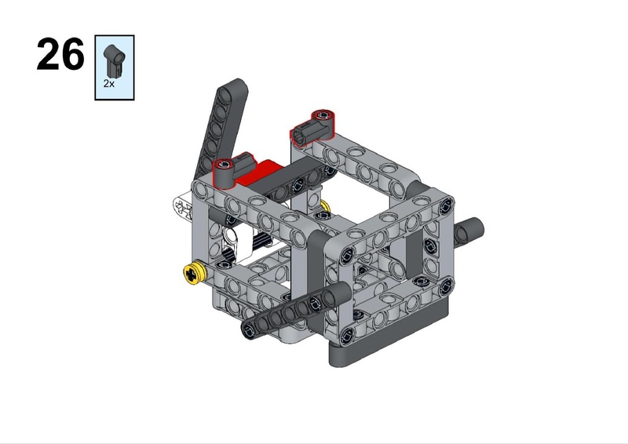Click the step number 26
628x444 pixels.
point(60,54)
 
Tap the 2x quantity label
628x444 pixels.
point(108,83)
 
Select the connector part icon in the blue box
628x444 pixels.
point(114,60)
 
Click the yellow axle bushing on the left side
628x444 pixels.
point(195,274)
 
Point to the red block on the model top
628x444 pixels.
point(257,170)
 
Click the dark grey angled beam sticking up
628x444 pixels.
point(222,127)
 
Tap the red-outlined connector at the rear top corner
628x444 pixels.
point(312,126)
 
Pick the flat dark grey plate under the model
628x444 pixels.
point(389,337)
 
